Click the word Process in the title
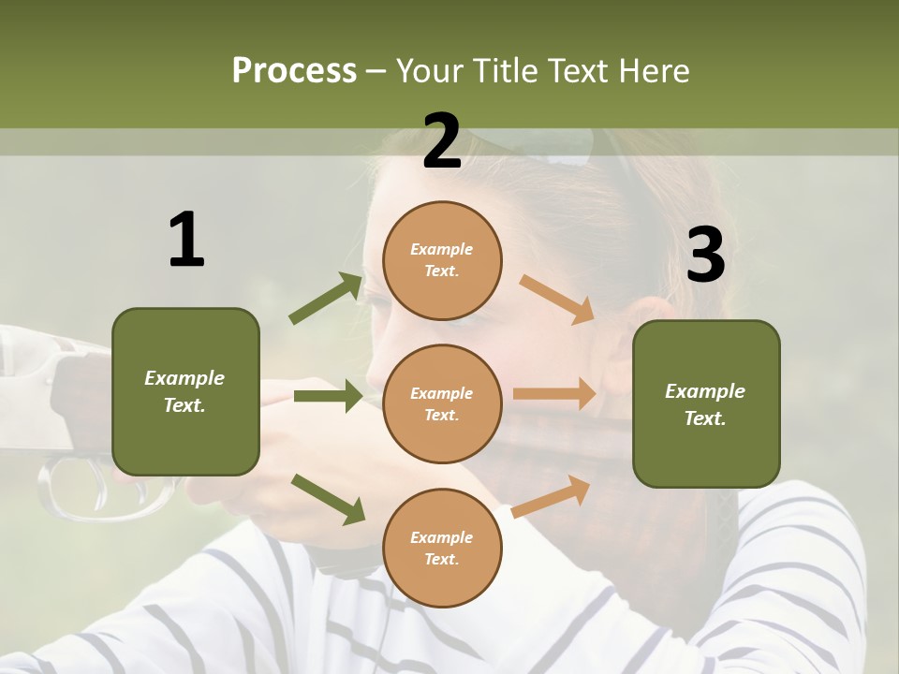[294, 70]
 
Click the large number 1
[186, 241]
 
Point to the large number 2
[442, 141]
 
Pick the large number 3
[705, 255]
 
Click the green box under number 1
[185, 391]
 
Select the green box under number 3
[706, 403]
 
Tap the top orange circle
[442, 260]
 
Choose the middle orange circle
[442, 403]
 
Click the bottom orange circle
[442, 548]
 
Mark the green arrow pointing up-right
[326, 298]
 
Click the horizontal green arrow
[328, 396]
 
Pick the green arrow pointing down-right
[328, 498]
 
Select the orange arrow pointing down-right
[557, 299]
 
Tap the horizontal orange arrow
[554, 394]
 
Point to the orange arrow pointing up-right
[552, 496]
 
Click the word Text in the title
[581, 70]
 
